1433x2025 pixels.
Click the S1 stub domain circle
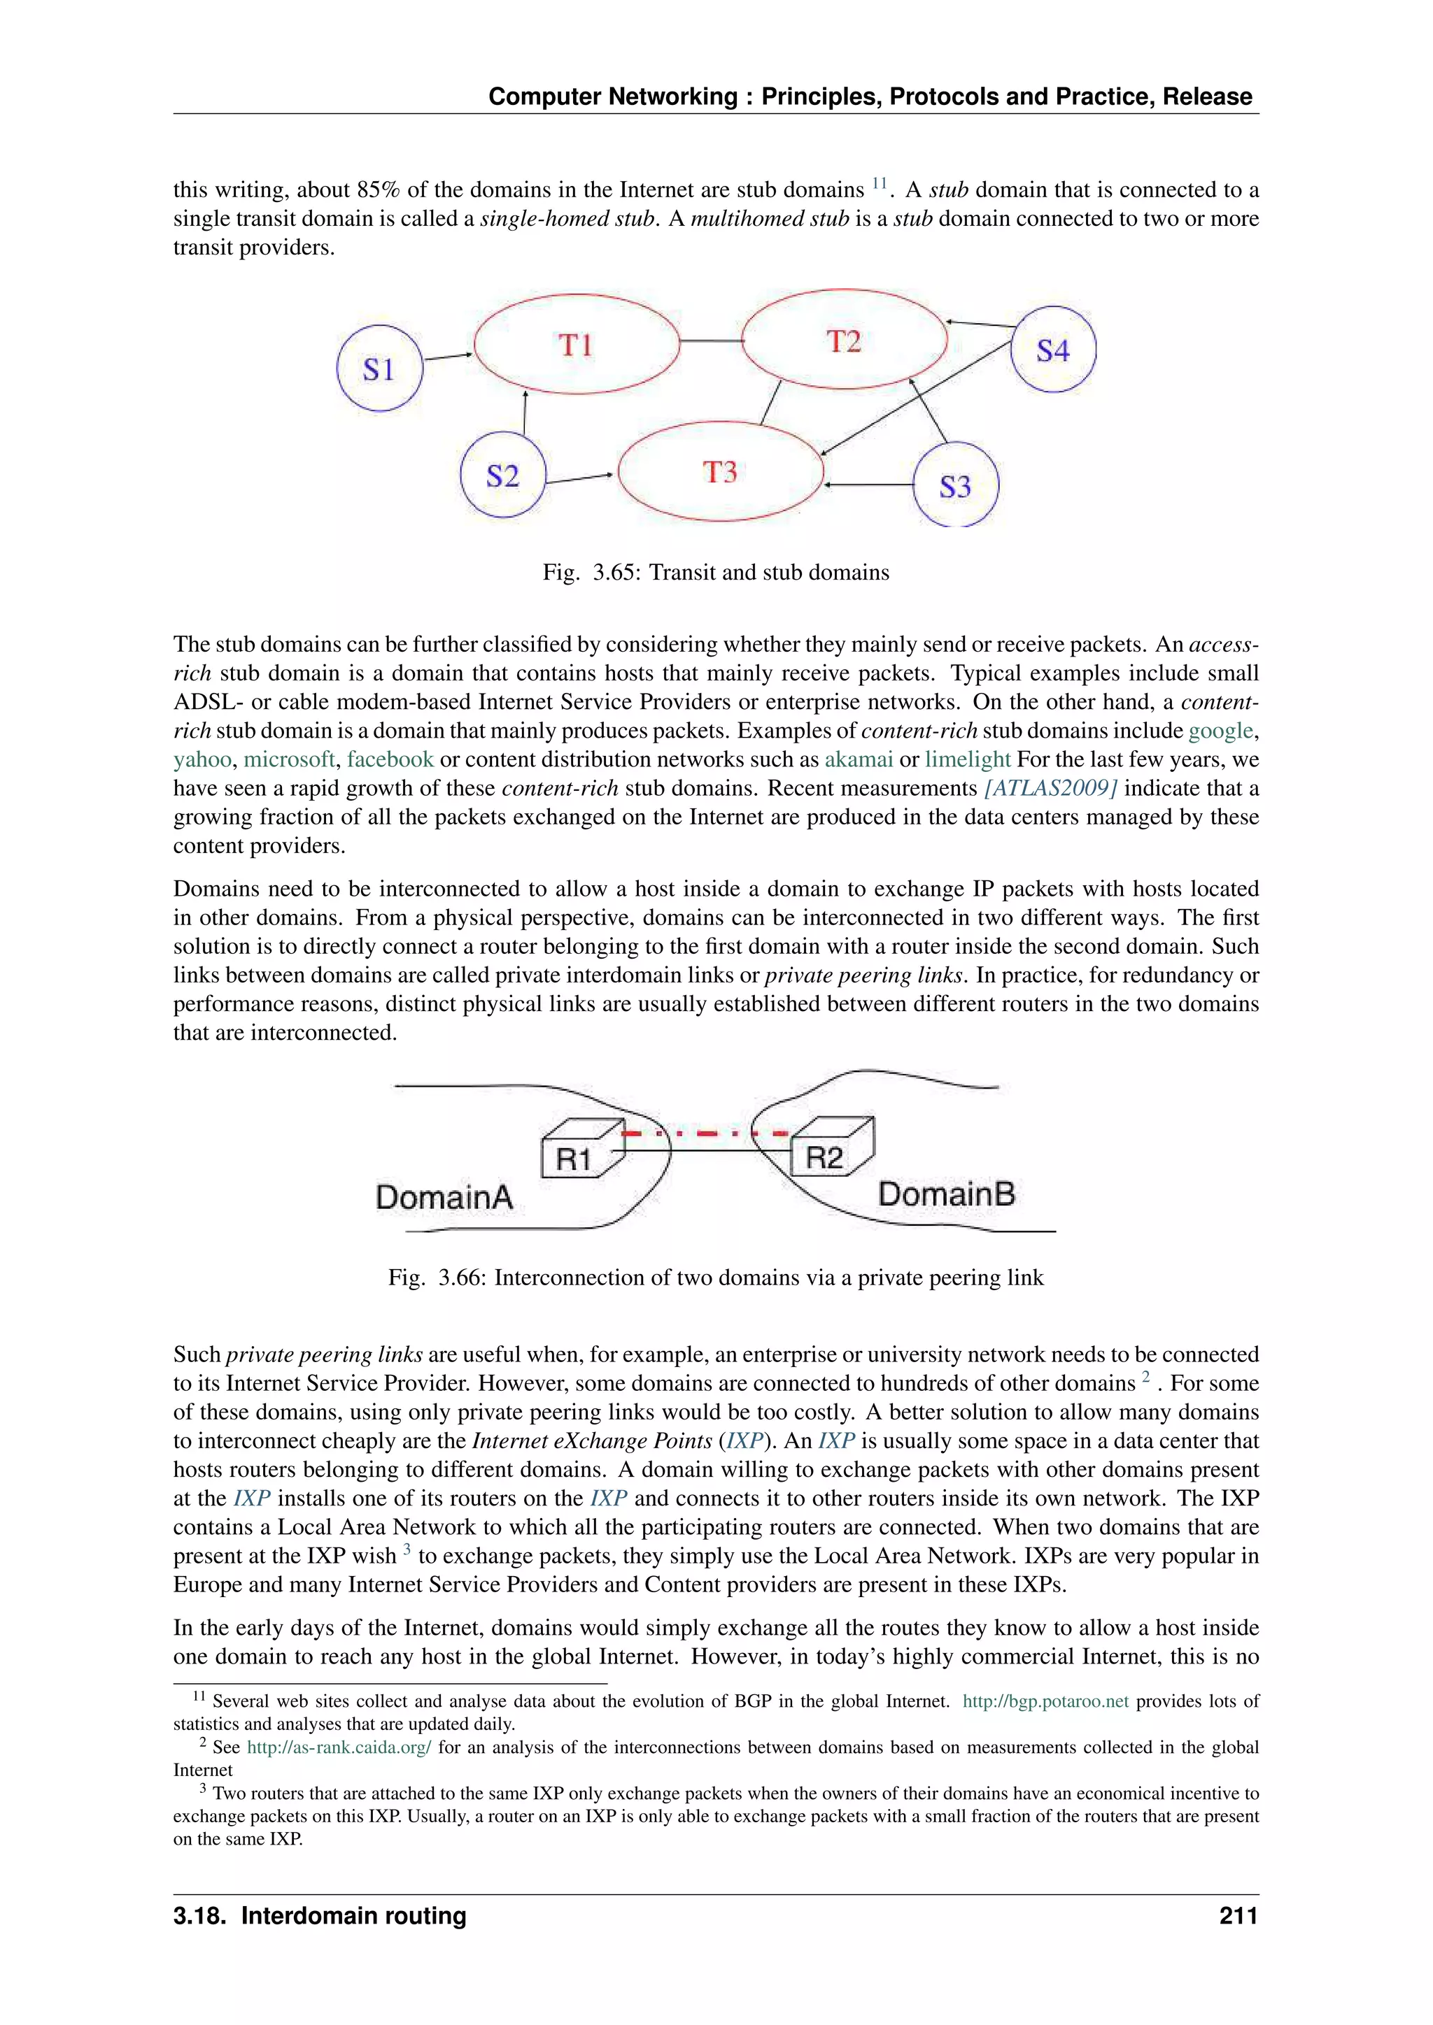(379, 368)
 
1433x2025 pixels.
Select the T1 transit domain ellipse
(576, 344)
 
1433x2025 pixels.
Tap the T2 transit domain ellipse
(844, 341)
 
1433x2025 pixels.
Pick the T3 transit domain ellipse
(720, 472)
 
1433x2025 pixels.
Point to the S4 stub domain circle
(1052, 350)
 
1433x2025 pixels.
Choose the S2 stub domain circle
(503, 476)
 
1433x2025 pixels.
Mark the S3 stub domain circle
(954, 486)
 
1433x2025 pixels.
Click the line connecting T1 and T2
(711, 341)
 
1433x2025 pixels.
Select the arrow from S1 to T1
(449, 357)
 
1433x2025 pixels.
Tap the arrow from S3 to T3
(869, 484)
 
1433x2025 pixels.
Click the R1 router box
(574, 1154)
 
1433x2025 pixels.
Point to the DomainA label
(444, 1197)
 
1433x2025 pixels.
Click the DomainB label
(946, 1194)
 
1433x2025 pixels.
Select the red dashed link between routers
(706, 1133)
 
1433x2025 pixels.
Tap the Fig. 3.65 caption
(716, 573)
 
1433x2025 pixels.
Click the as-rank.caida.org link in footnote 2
(339, 1747)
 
